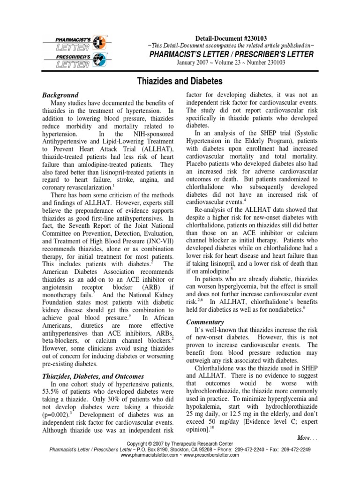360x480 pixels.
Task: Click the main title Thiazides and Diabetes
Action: tap(180, 81)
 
